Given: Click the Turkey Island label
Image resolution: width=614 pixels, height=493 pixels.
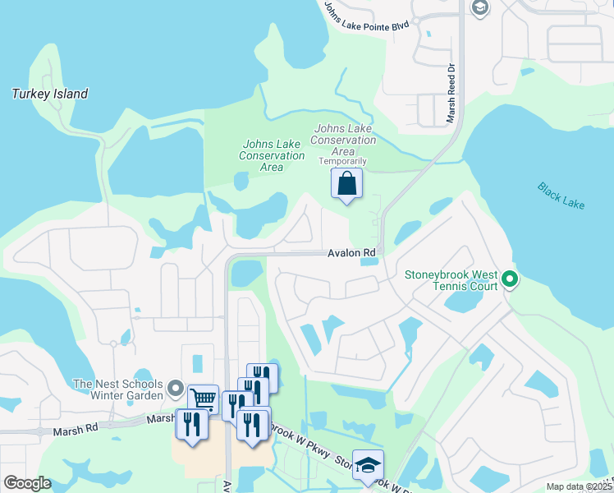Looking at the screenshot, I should coord(50,94).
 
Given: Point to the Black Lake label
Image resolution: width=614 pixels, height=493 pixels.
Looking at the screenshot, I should coord(561,196).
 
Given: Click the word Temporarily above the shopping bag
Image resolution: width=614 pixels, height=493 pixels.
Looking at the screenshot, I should coord(342,161).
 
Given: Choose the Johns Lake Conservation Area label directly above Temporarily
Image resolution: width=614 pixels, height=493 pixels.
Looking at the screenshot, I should coord(344,140).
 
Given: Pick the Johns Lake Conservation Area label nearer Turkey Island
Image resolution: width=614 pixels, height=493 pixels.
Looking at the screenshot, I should coord(272,155).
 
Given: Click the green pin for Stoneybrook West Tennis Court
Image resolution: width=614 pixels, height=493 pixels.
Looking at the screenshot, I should coord(510,280).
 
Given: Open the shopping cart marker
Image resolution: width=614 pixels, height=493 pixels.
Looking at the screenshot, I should coord(203,399).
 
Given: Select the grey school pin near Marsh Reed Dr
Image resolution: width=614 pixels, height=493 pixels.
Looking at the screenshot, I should coord(480,7).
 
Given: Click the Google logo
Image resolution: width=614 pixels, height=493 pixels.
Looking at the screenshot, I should coord(26,483).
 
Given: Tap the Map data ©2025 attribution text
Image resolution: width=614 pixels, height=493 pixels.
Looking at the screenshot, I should coord(578,486).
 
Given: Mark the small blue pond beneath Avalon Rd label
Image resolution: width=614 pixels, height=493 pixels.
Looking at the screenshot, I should coord(369,262).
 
